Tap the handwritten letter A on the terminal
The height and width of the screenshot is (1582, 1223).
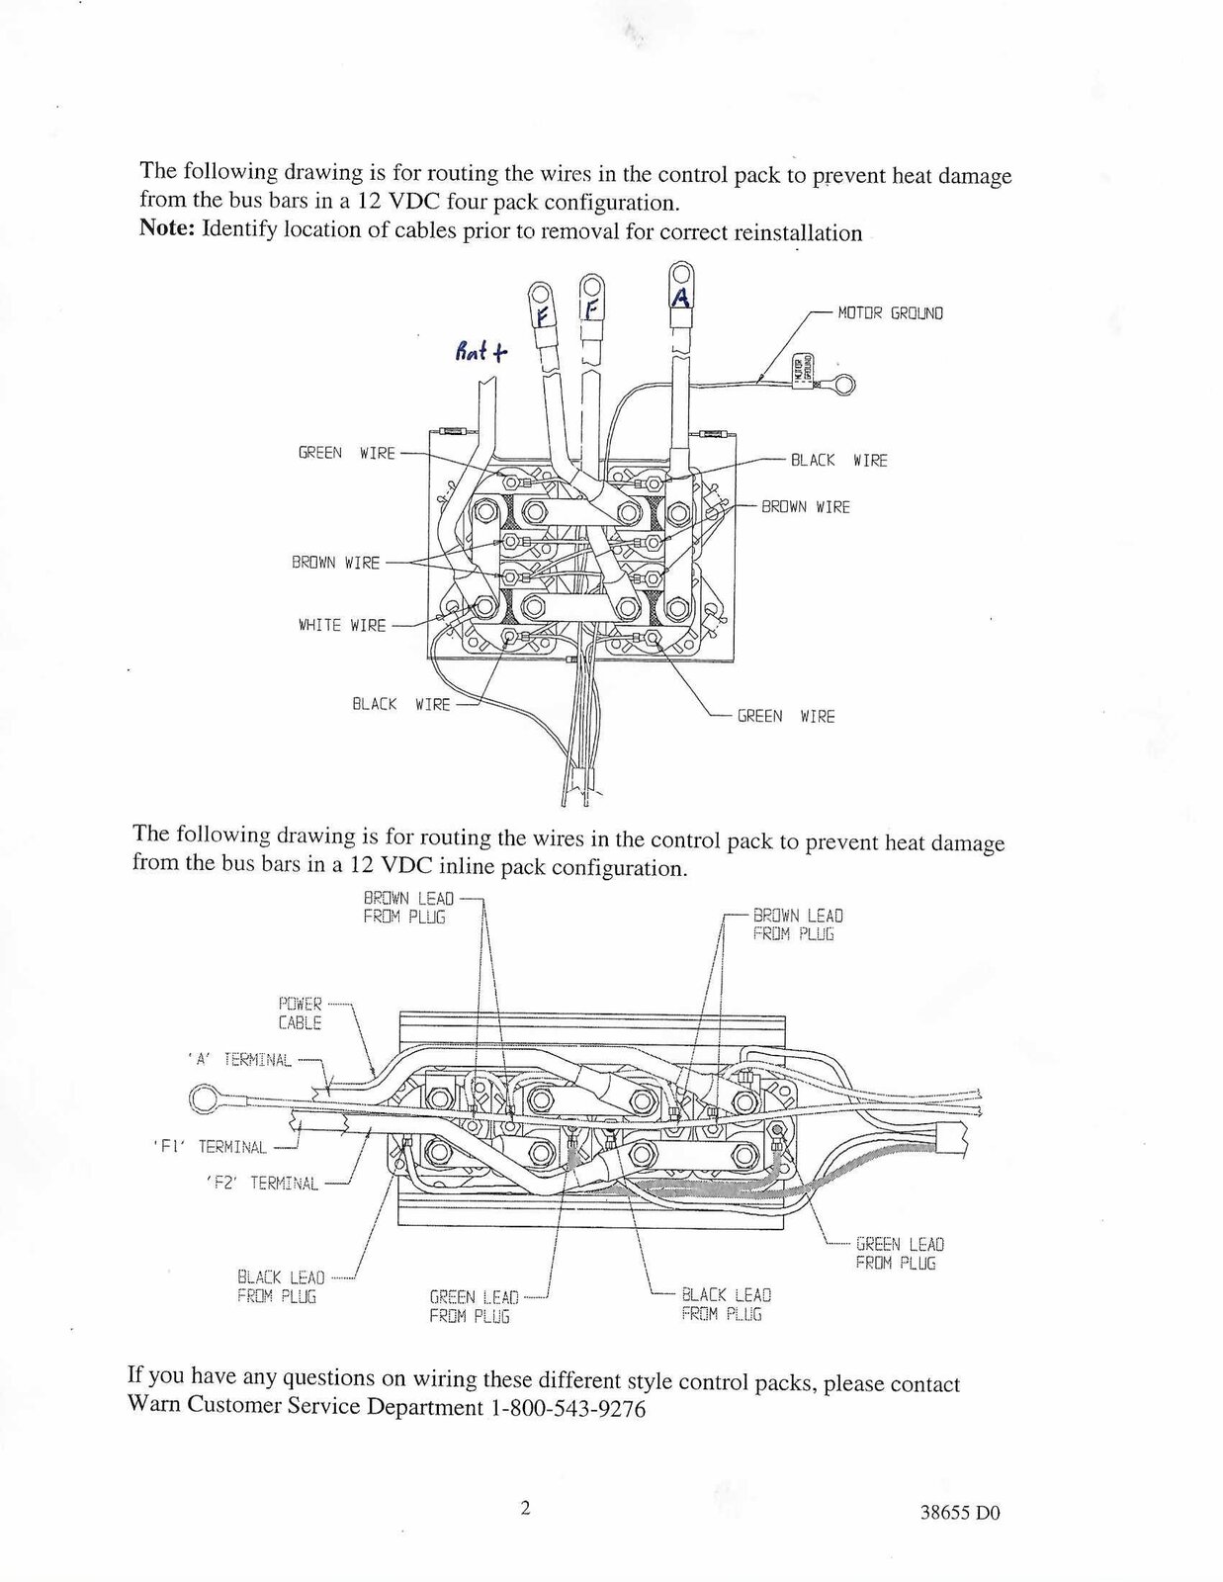point(679,296)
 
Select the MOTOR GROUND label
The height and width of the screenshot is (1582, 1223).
point(890,313)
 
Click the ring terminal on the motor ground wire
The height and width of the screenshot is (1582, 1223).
point(845,386)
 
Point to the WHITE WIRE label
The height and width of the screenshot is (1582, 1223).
point(342,625)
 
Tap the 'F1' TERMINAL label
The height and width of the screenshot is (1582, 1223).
point(232,1147)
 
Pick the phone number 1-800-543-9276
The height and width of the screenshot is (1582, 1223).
point(568,1408)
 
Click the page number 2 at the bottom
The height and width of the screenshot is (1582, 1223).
point(526,1509)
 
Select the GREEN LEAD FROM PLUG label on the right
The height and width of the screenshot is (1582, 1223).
point(899,1254)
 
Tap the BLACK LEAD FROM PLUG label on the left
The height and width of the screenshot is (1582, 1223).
point(280,1287)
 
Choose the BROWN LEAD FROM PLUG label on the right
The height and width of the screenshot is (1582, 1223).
point(797,924)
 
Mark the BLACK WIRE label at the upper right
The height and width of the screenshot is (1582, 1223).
point(838,461)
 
